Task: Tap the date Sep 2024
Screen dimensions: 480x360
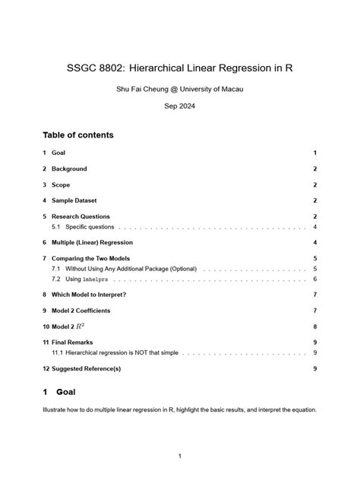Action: (180, 106)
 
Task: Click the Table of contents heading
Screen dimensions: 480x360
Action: (78, 135)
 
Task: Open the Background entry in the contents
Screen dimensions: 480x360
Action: (69, 169)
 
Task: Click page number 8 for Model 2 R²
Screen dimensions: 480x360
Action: (314, 327)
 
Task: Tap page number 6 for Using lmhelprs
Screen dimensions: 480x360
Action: (314, 279)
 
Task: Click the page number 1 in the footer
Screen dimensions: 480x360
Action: (180, 456)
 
